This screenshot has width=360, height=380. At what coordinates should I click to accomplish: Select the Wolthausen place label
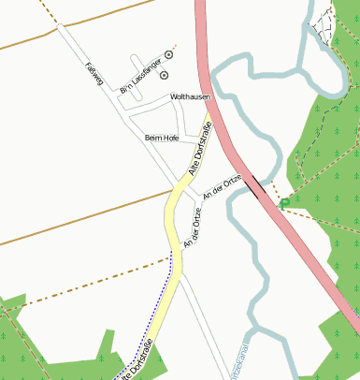click(x=190, y=96)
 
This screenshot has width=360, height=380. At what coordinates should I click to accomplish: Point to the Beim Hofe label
click(x=161, y=138)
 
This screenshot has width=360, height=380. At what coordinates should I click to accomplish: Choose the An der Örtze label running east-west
click(x=223, y=185)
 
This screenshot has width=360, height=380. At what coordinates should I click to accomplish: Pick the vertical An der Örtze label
click(x=193, y=227)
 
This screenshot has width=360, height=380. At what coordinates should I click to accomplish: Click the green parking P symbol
click(x=285, y=203)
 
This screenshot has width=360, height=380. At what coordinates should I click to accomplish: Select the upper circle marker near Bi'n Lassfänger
click(x=169, y=55)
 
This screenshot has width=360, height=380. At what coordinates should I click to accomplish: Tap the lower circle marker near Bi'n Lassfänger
click(x=165, y=74)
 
